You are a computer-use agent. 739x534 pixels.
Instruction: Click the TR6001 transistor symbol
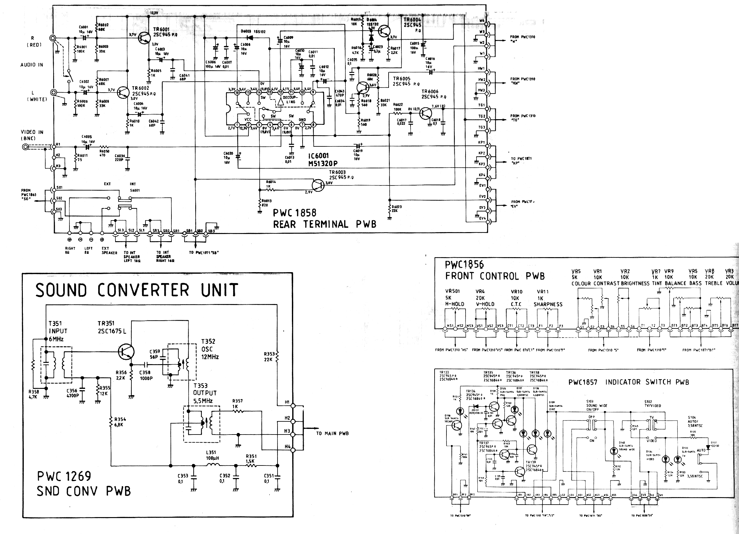(144, 38)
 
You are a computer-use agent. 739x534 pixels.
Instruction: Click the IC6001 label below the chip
(318, 156)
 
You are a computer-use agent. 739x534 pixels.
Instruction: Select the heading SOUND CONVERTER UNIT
(137, 290)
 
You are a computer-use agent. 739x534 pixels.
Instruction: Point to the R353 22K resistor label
(269, 356)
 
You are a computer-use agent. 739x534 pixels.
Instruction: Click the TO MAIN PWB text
(332, 433)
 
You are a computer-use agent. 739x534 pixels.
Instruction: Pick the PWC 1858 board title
(294, 213)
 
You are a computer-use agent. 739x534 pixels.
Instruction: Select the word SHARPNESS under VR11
(548, 304)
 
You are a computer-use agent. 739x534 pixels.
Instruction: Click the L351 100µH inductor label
(212, 455)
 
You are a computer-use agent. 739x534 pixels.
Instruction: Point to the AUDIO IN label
(32, 65)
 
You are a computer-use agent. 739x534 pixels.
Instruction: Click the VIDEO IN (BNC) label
(32, 135)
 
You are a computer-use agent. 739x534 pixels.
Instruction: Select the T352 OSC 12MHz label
(210, 349)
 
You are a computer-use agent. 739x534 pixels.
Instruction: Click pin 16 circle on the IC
(237, 93)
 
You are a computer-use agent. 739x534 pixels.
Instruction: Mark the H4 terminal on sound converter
(293, 450)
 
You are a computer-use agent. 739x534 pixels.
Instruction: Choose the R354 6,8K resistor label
(120, 422)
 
